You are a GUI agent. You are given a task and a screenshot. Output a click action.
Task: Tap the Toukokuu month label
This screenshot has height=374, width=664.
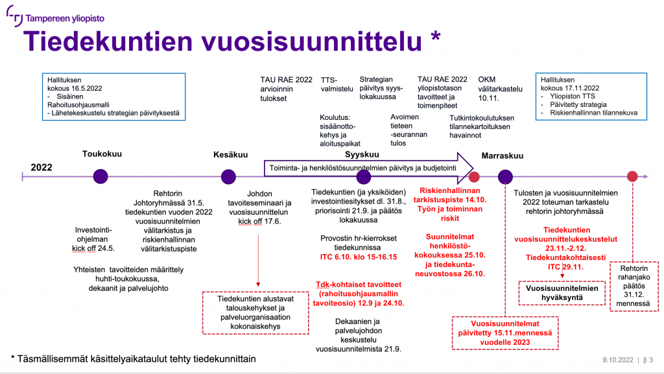click(102, 154)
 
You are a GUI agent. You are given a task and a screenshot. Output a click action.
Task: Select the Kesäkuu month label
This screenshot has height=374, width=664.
click(230, 154)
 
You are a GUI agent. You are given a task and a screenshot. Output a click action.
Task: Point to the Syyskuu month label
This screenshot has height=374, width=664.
click(362, 154)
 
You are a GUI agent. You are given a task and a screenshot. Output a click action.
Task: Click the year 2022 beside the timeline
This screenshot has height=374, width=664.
click(41, 167)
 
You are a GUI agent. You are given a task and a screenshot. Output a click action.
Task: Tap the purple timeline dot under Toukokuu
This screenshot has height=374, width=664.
click(101, 176)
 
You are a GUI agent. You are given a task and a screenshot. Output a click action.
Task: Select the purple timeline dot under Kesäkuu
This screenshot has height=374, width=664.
click(228, 176)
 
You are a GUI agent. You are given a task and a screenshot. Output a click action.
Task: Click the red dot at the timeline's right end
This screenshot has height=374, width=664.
click(632, 176)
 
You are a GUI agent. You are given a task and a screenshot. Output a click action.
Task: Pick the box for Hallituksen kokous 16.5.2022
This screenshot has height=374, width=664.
click(112, 97)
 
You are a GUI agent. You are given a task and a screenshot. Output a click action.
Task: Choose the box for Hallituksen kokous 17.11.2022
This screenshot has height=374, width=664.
click(589, 97)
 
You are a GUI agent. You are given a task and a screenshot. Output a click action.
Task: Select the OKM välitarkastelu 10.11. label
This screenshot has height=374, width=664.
click(500, 88)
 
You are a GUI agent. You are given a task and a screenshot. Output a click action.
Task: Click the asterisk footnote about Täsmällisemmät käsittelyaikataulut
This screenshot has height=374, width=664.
click(134, 358)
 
